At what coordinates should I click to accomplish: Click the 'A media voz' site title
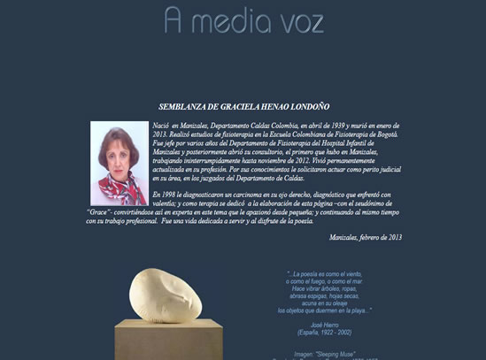pos(243,19)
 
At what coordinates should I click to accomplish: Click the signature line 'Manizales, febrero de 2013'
pos(366,237)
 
